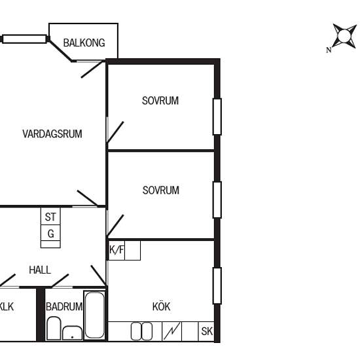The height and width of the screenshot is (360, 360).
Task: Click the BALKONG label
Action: pos(84,43)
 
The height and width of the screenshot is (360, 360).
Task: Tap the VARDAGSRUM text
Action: pos(52,134)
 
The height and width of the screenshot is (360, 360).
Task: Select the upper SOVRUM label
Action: pos(160,101)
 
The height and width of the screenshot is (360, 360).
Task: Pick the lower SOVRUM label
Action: pos(161,190)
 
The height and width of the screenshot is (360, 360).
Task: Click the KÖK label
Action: pos(161,306)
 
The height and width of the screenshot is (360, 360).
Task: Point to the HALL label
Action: pos(40,270)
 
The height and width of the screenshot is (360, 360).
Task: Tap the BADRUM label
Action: pos(64,307)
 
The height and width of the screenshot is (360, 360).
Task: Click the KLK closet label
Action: pos(7,307)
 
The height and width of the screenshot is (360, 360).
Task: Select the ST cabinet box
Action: pos(50,216)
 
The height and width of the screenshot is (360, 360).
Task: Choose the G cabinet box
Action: pos(50,233)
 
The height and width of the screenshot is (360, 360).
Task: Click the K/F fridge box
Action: pos(117,250)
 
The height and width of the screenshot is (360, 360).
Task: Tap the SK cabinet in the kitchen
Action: pos(206,331)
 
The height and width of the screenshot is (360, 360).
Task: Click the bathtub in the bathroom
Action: pos(95,315)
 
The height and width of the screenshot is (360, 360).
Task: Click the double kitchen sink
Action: pos(141,331)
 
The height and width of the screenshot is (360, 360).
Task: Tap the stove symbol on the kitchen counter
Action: pos(171,331)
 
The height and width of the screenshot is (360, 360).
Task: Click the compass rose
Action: pos(343,37)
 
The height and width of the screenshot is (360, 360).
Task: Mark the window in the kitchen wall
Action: pos(217,286)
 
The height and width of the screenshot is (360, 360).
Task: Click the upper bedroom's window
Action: pos(217,117)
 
